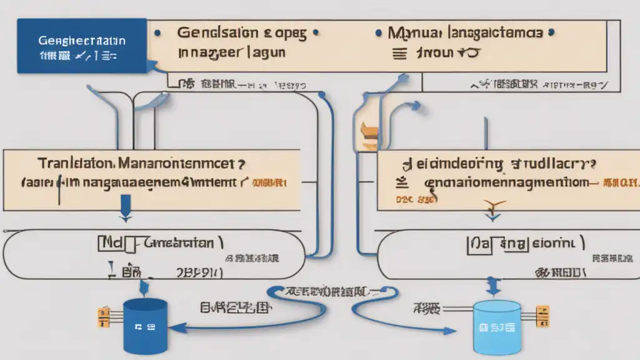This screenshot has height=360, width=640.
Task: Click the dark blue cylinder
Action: point(145,326)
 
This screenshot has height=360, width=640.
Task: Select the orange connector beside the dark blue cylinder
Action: point(101,317)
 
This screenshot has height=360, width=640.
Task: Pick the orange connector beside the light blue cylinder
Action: point(542,317)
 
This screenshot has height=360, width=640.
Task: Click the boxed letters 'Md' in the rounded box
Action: point(108,242)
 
